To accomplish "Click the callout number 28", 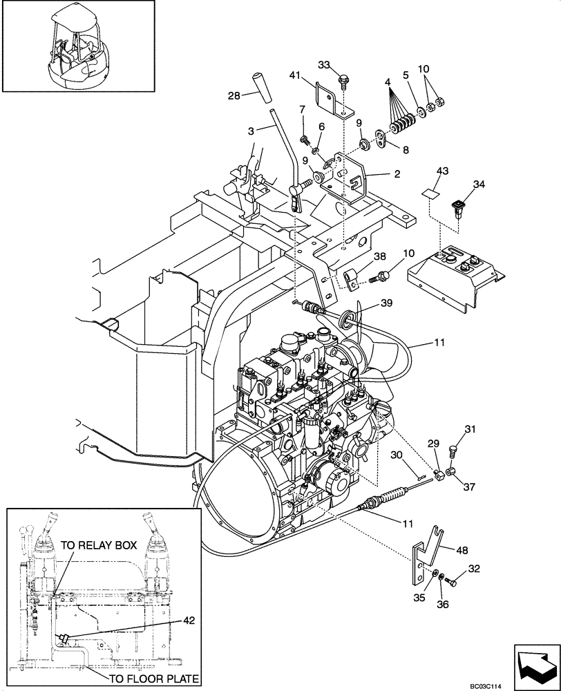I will pyautogui.click(x=234, y=96).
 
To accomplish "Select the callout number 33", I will pyautogui.click(x=324, y=65).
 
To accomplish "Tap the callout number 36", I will pyautogui.click(x=443, y=605).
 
